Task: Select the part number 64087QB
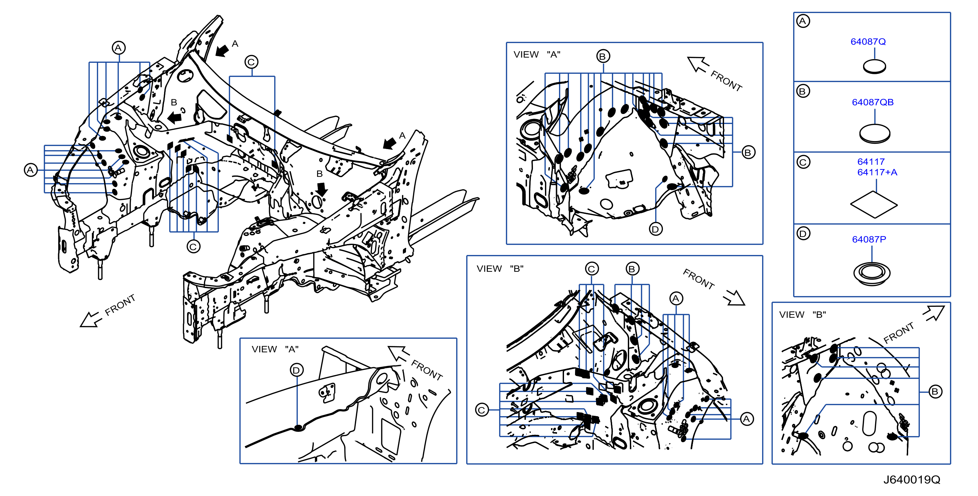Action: click(872, 102)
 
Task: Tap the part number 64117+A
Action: click(877, 172)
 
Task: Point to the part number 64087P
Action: click(869, 239)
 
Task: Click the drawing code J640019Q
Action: click(912, 480)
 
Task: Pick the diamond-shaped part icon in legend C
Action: click(874, 205)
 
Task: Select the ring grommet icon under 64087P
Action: click(872, 273)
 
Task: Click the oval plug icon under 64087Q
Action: click(874, 67)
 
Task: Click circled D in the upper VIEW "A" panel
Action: click(655, 229)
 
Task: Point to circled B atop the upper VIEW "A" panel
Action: click(602, 56)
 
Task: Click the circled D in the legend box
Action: click(803, 234)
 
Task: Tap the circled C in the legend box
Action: click(803, 162)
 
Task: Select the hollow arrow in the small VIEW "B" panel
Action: click(934, 313)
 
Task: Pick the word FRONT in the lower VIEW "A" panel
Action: click(427, 370)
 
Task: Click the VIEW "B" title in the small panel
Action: click(803, 315)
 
